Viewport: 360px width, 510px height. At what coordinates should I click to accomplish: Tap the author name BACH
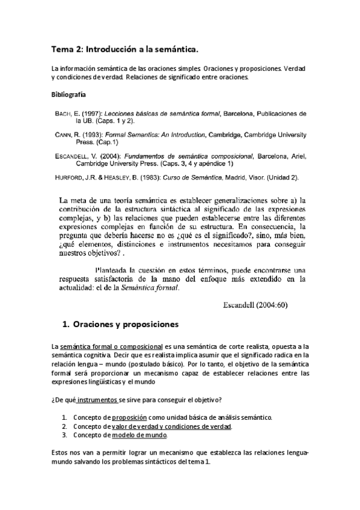pos(64,113)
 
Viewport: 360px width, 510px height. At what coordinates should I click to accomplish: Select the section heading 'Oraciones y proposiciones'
pos(126,325)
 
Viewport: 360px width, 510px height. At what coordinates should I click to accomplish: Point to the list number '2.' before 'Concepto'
pos(65,426)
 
